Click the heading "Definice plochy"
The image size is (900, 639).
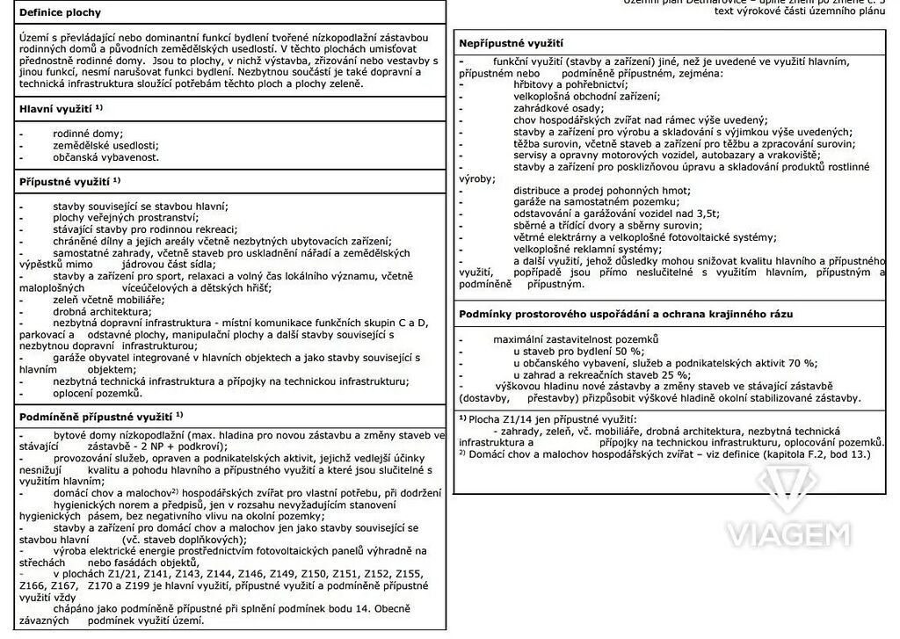60,13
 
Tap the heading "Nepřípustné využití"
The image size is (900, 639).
512,42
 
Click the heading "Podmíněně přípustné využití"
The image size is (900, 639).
97,415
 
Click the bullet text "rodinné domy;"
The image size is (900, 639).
88,132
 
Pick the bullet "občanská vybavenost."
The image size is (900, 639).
105,157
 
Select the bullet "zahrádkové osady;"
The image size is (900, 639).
559,108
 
